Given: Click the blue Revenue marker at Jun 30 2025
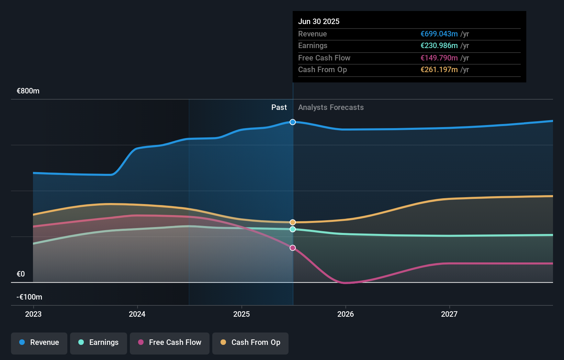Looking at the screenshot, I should tap(293, 122).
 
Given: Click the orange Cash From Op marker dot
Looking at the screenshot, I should tap(293, 222).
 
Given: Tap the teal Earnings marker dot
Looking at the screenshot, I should tap(293, 229).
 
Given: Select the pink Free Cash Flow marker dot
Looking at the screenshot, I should tap(293, 248).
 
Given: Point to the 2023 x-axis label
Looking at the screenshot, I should tap(33, 314).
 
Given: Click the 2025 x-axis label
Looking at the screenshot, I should tap(241, 314).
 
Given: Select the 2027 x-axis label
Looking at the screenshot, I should tap(449, 314).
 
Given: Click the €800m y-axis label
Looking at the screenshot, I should tap(28, 91).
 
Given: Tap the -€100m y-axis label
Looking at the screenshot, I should tap(30, 297).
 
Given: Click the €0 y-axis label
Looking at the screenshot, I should tap(21, 274).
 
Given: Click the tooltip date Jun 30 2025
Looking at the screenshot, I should tap(319, 22).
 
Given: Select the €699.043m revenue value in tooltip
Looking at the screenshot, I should tap(439, 34).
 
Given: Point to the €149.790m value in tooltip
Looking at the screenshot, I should tap(439, 58).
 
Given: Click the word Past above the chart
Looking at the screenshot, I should tap(279, 108).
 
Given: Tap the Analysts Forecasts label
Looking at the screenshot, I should tap(331, 108).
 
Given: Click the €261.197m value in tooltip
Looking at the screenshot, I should tap(439, 70).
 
